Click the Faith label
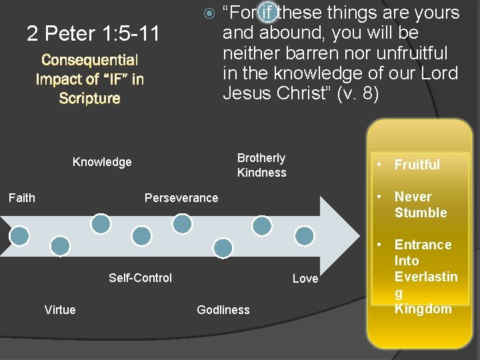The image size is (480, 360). tap(21, 197)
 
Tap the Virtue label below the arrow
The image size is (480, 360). tap(60, 309)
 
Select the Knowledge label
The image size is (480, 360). tap(102, 162)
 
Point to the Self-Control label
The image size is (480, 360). tap(140, 278)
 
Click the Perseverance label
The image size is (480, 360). tap(181, 198)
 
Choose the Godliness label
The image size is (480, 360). tap(223, 310)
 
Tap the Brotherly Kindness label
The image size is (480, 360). tap(261, 165)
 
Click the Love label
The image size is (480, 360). tap(305, 279)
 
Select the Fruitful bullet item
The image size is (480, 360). tap(417, 165)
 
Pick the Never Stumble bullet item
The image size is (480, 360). tap(420, 205)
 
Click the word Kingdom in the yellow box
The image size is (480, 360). tap(423, 309)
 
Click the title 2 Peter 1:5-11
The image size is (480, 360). tap(93, 33)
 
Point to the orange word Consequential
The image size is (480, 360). tap(89, 61)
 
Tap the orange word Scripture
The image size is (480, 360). tap(89, 99)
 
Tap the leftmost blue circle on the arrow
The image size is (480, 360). tap(20, 235)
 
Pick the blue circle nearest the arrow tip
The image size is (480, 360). tap(305, 235)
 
